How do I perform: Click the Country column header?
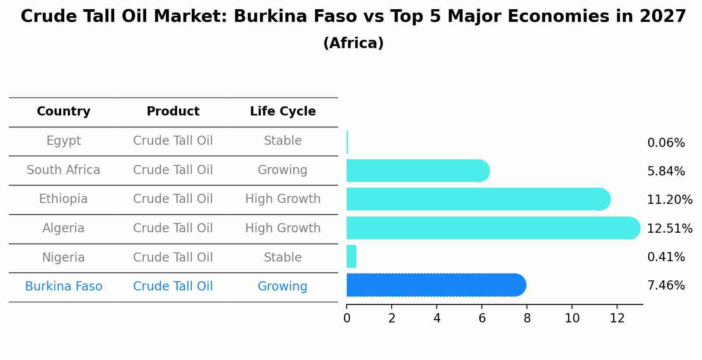(63, 112)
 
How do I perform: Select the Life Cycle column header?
(283, 112)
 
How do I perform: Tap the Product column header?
(173, 112)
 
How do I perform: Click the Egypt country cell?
(63, 141)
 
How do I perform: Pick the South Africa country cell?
(63, 170)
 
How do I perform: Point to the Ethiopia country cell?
(63, 199)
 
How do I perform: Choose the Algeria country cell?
(63, 228)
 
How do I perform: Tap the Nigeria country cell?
(63, 257)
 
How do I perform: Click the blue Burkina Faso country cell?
(63, 287)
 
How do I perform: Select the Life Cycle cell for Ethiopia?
(283, 199)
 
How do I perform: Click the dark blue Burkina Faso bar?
(435, 285)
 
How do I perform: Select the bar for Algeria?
(492, 228)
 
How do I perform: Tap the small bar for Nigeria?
(351, 256)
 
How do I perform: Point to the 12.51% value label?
(670, 229)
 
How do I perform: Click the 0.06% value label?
(666, 143)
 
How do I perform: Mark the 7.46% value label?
(666, 286)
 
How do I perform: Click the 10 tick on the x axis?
(572, 318)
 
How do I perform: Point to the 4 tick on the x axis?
(437, 318)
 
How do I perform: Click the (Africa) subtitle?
(353, 43)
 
